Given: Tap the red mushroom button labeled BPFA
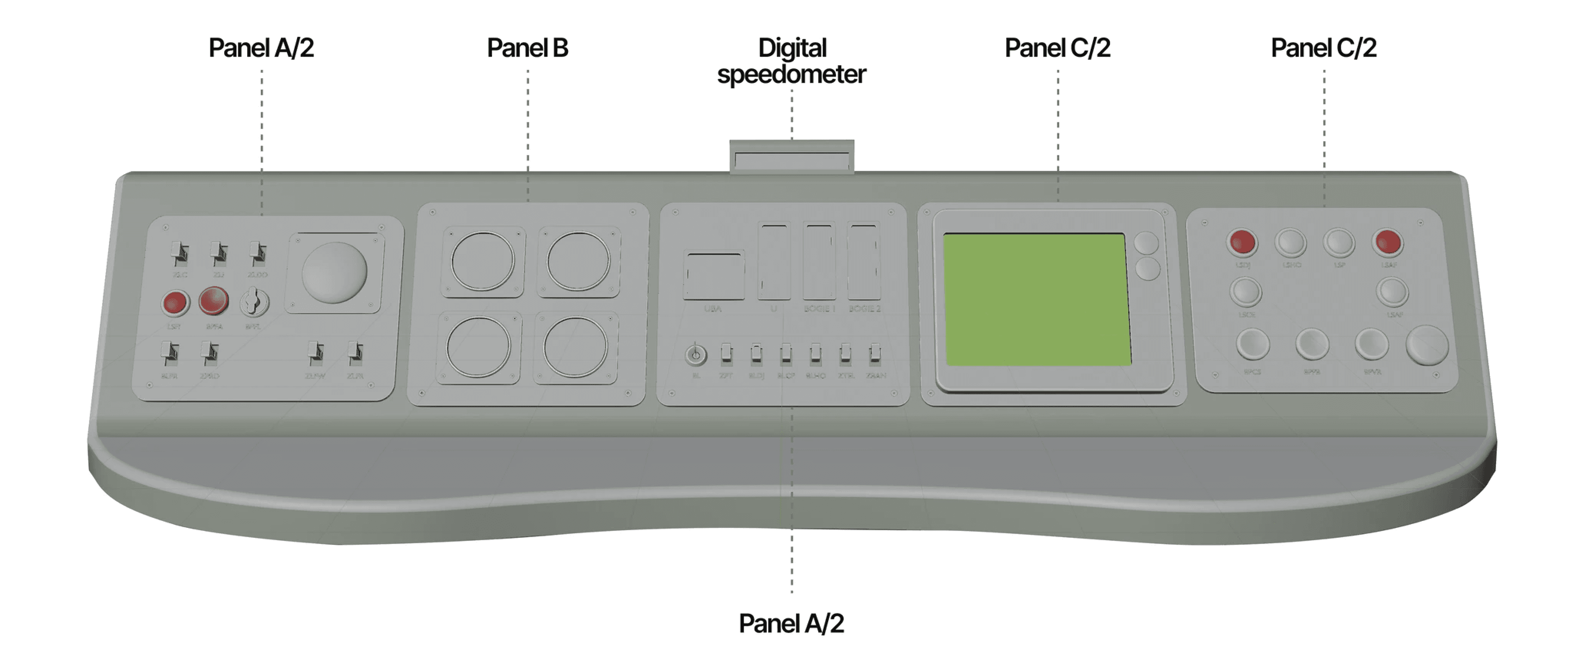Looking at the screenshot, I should (x=214, y=301).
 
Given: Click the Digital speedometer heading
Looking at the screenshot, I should (x=791, y=61).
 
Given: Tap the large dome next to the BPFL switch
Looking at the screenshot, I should (x=334, y=272).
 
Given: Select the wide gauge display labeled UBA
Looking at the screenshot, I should (x=713, y=276).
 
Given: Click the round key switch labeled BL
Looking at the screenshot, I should (x=696, y=354).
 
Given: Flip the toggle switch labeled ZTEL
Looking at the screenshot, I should (x=845, y=353).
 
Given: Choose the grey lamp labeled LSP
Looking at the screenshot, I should (x=1339, y=243).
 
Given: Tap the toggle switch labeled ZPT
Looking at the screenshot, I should (x=726, y=353).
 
